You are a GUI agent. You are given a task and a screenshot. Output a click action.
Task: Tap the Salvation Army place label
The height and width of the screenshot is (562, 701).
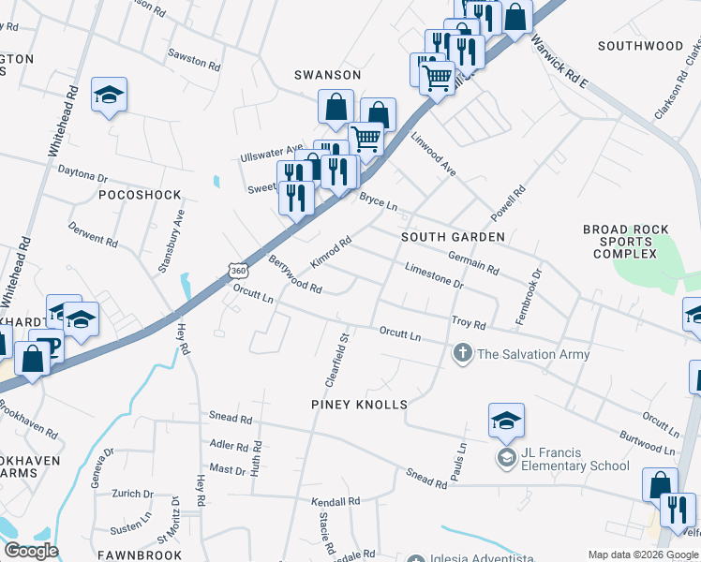click(533, 354)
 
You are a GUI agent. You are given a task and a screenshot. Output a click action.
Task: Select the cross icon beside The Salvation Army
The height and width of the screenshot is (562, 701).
click(461, 354)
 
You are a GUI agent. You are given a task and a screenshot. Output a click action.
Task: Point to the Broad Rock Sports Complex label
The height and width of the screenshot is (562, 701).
click(626, 242)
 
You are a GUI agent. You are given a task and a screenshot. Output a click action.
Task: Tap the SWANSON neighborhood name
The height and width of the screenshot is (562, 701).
click(327, 74)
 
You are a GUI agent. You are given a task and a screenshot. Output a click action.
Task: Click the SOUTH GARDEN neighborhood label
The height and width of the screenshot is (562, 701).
click(453, 237)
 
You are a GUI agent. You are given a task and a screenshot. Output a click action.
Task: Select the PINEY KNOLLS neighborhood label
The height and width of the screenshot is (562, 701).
click(359, 405)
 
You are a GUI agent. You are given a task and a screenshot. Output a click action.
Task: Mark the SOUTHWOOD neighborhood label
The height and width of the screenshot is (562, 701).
click(641, 45)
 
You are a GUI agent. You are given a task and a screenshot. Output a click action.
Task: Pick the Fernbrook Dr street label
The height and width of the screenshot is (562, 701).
click(530, 298)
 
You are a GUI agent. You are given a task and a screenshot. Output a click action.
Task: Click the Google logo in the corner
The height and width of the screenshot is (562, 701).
click(31, 551)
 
